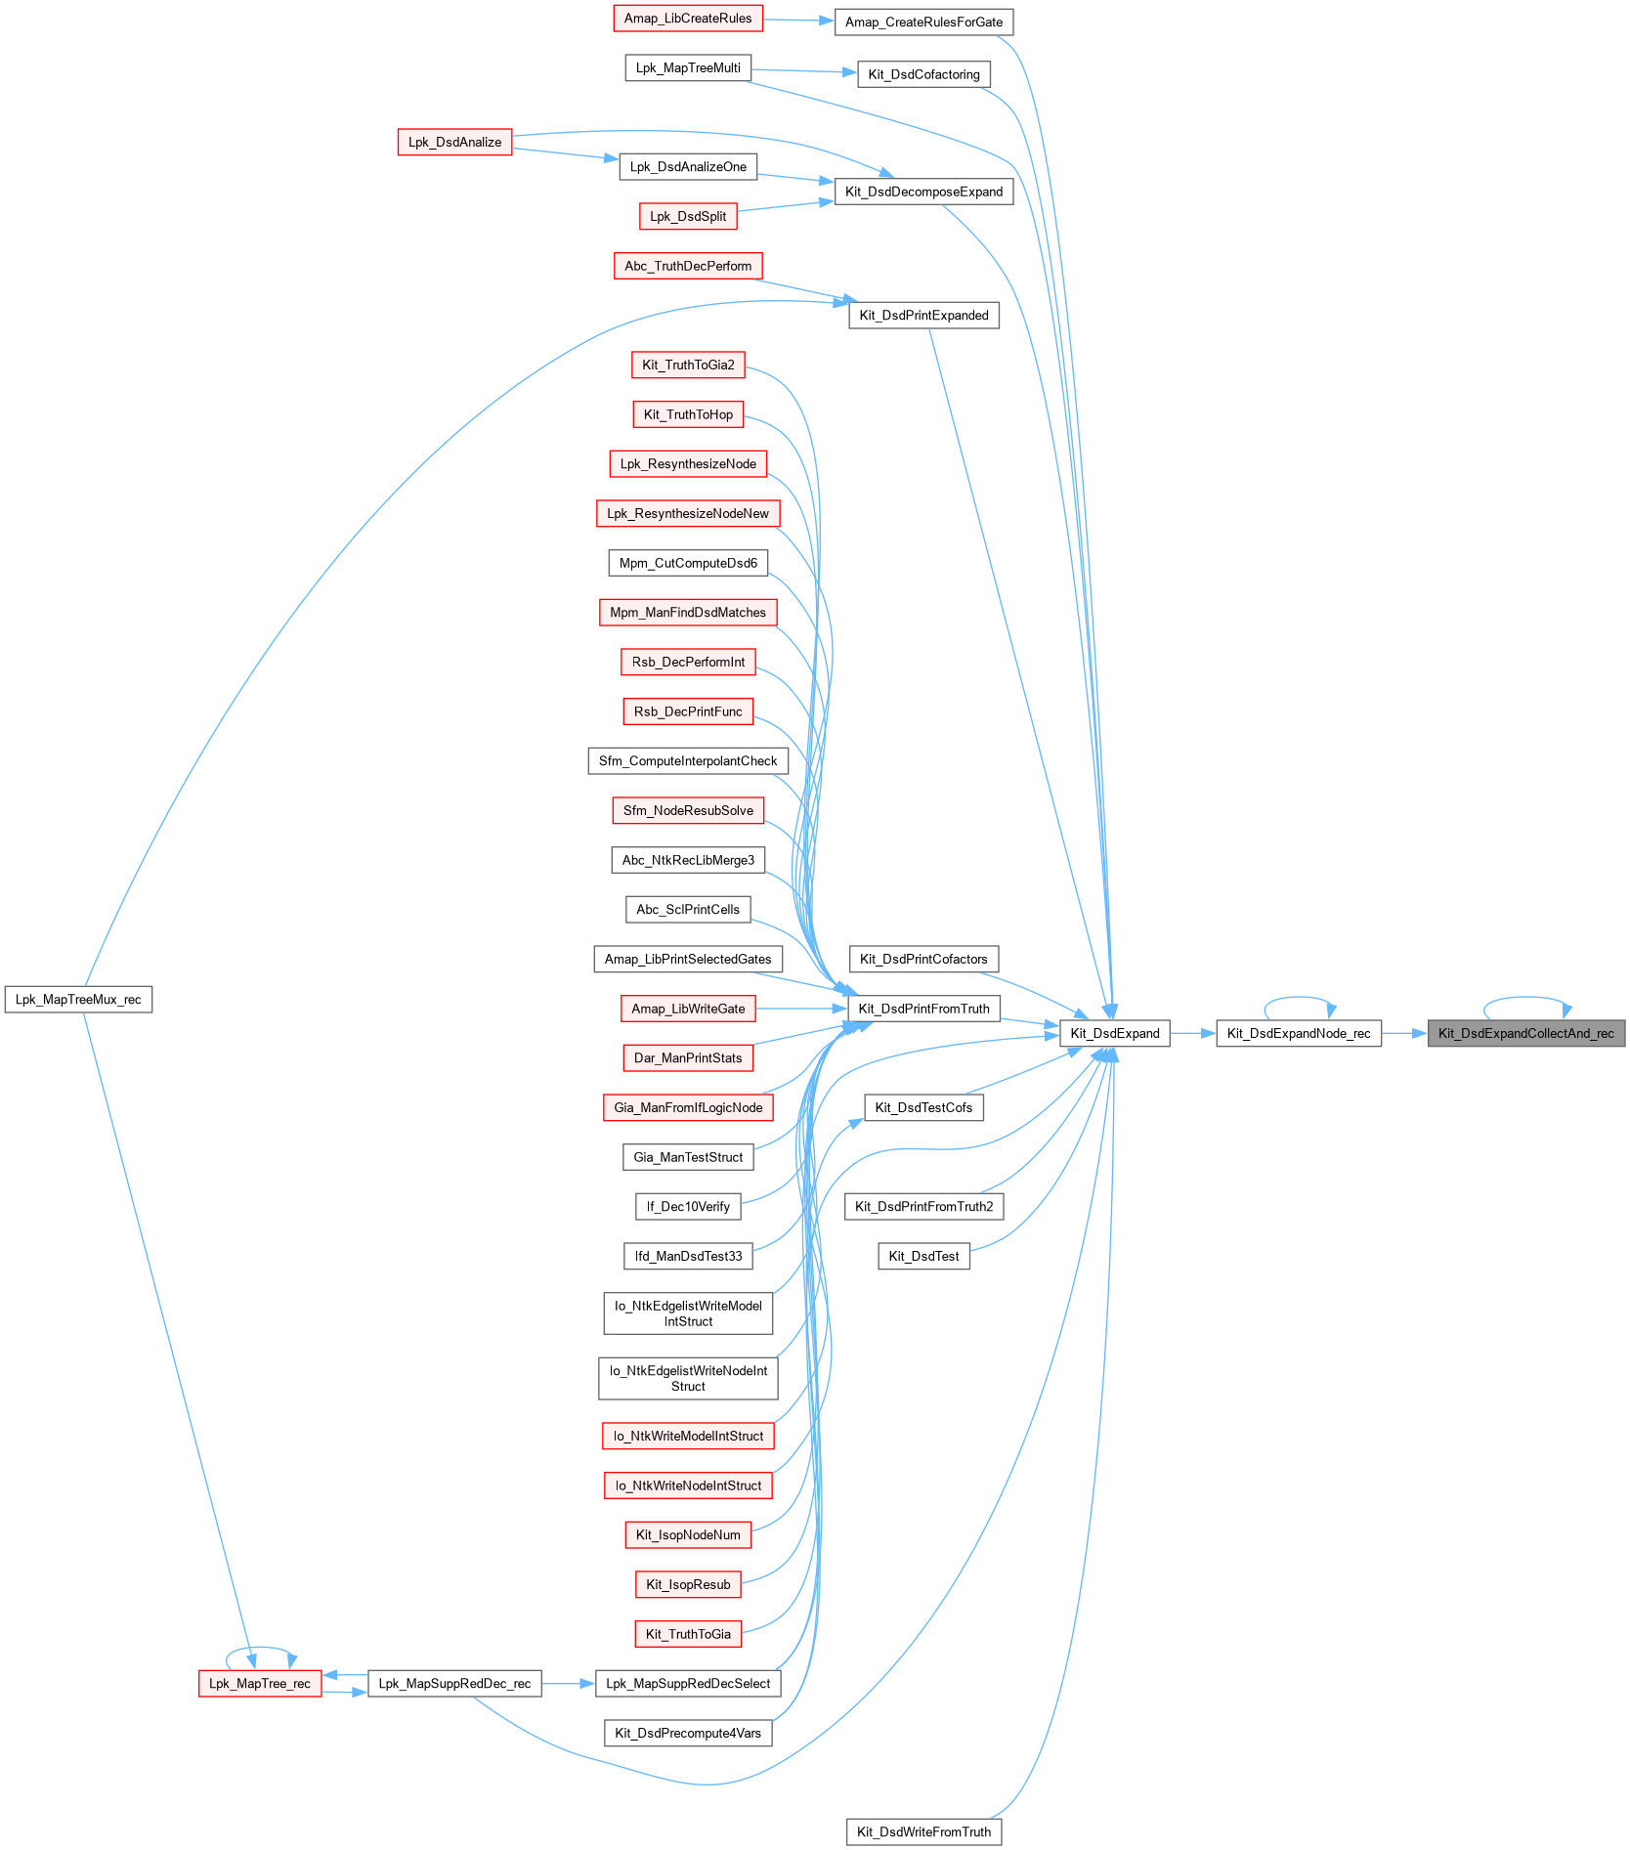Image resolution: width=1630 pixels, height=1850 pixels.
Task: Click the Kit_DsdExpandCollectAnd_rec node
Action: pos(1525,1033)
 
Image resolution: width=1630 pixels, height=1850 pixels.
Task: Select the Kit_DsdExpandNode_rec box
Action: pos(1298,1033)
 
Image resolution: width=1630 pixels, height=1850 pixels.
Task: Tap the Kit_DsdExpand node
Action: pos(1114,1033)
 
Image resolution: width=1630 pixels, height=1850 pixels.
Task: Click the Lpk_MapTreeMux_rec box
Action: pos(78,999)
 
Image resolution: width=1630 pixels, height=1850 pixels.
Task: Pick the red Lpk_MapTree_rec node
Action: pos(260,1683)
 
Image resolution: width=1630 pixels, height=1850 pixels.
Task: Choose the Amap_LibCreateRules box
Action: pos(688,18)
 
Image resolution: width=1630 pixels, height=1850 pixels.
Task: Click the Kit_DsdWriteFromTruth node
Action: pos(923,1831)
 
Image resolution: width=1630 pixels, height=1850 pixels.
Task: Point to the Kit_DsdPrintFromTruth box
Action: pos(923,1009)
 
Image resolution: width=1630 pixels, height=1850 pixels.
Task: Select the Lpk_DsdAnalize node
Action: pos(454,142)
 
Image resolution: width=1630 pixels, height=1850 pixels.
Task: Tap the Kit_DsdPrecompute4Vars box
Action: pos(688,1733)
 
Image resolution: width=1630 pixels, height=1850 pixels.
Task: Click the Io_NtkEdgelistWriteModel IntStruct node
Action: pos(688,1313)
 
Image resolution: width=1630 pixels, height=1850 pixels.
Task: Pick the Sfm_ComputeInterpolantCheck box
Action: pos(688,760)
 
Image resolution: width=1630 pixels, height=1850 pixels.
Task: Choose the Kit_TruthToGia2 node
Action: pos(688,365)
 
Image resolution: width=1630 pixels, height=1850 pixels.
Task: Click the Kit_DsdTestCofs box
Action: pos(923,1107)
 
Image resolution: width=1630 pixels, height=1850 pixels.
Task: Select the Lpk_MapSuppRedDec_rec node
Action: pos(454,1683)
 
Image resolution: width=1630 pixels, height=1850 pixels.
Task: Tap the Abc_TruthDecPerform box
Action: pos(688,266)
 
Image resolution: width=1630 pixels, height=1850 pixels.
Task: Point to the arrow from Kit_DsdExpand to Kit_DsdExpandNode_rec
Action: pos(1192,1033)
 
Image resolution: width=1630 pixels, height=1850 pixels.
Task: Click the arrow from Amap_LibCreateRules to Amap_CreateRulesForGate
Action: pos(798,20)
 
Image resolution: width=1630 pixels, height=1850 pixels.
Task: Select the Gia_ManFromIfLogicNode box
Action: pos(688,1107)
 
